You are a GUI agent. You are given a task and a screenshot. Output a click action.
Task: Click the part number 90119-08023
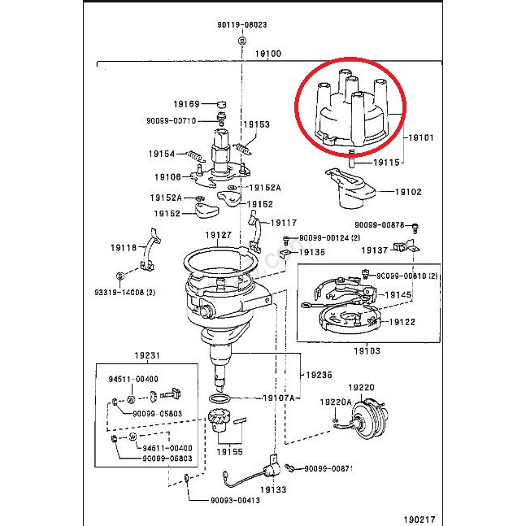(x=242, y=25)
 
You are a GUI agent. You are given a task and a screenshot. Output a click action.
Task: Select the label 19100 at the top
(x=267, y=54)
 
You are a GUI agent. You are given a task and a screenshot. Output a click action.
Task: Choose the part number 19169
(x=185, y=104)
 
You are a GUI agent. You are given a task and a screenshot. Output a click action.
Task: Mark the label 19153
(x=258, y=124)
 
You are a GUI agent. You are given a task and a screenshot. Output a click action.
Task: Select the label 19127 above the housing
(x=218, y=235)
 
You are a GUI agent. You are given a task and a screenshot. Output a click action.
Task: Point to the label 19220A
(x=335, y=402)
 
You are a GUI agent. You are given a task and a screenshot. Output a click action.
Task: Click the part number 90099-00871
(x=329, y=469)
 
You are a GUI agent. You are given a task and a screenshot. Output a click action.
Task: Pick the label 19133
(x=273, y=490)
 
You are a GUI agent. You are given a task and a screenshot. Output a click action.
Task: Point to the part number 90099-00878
(x=379, y=225)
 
